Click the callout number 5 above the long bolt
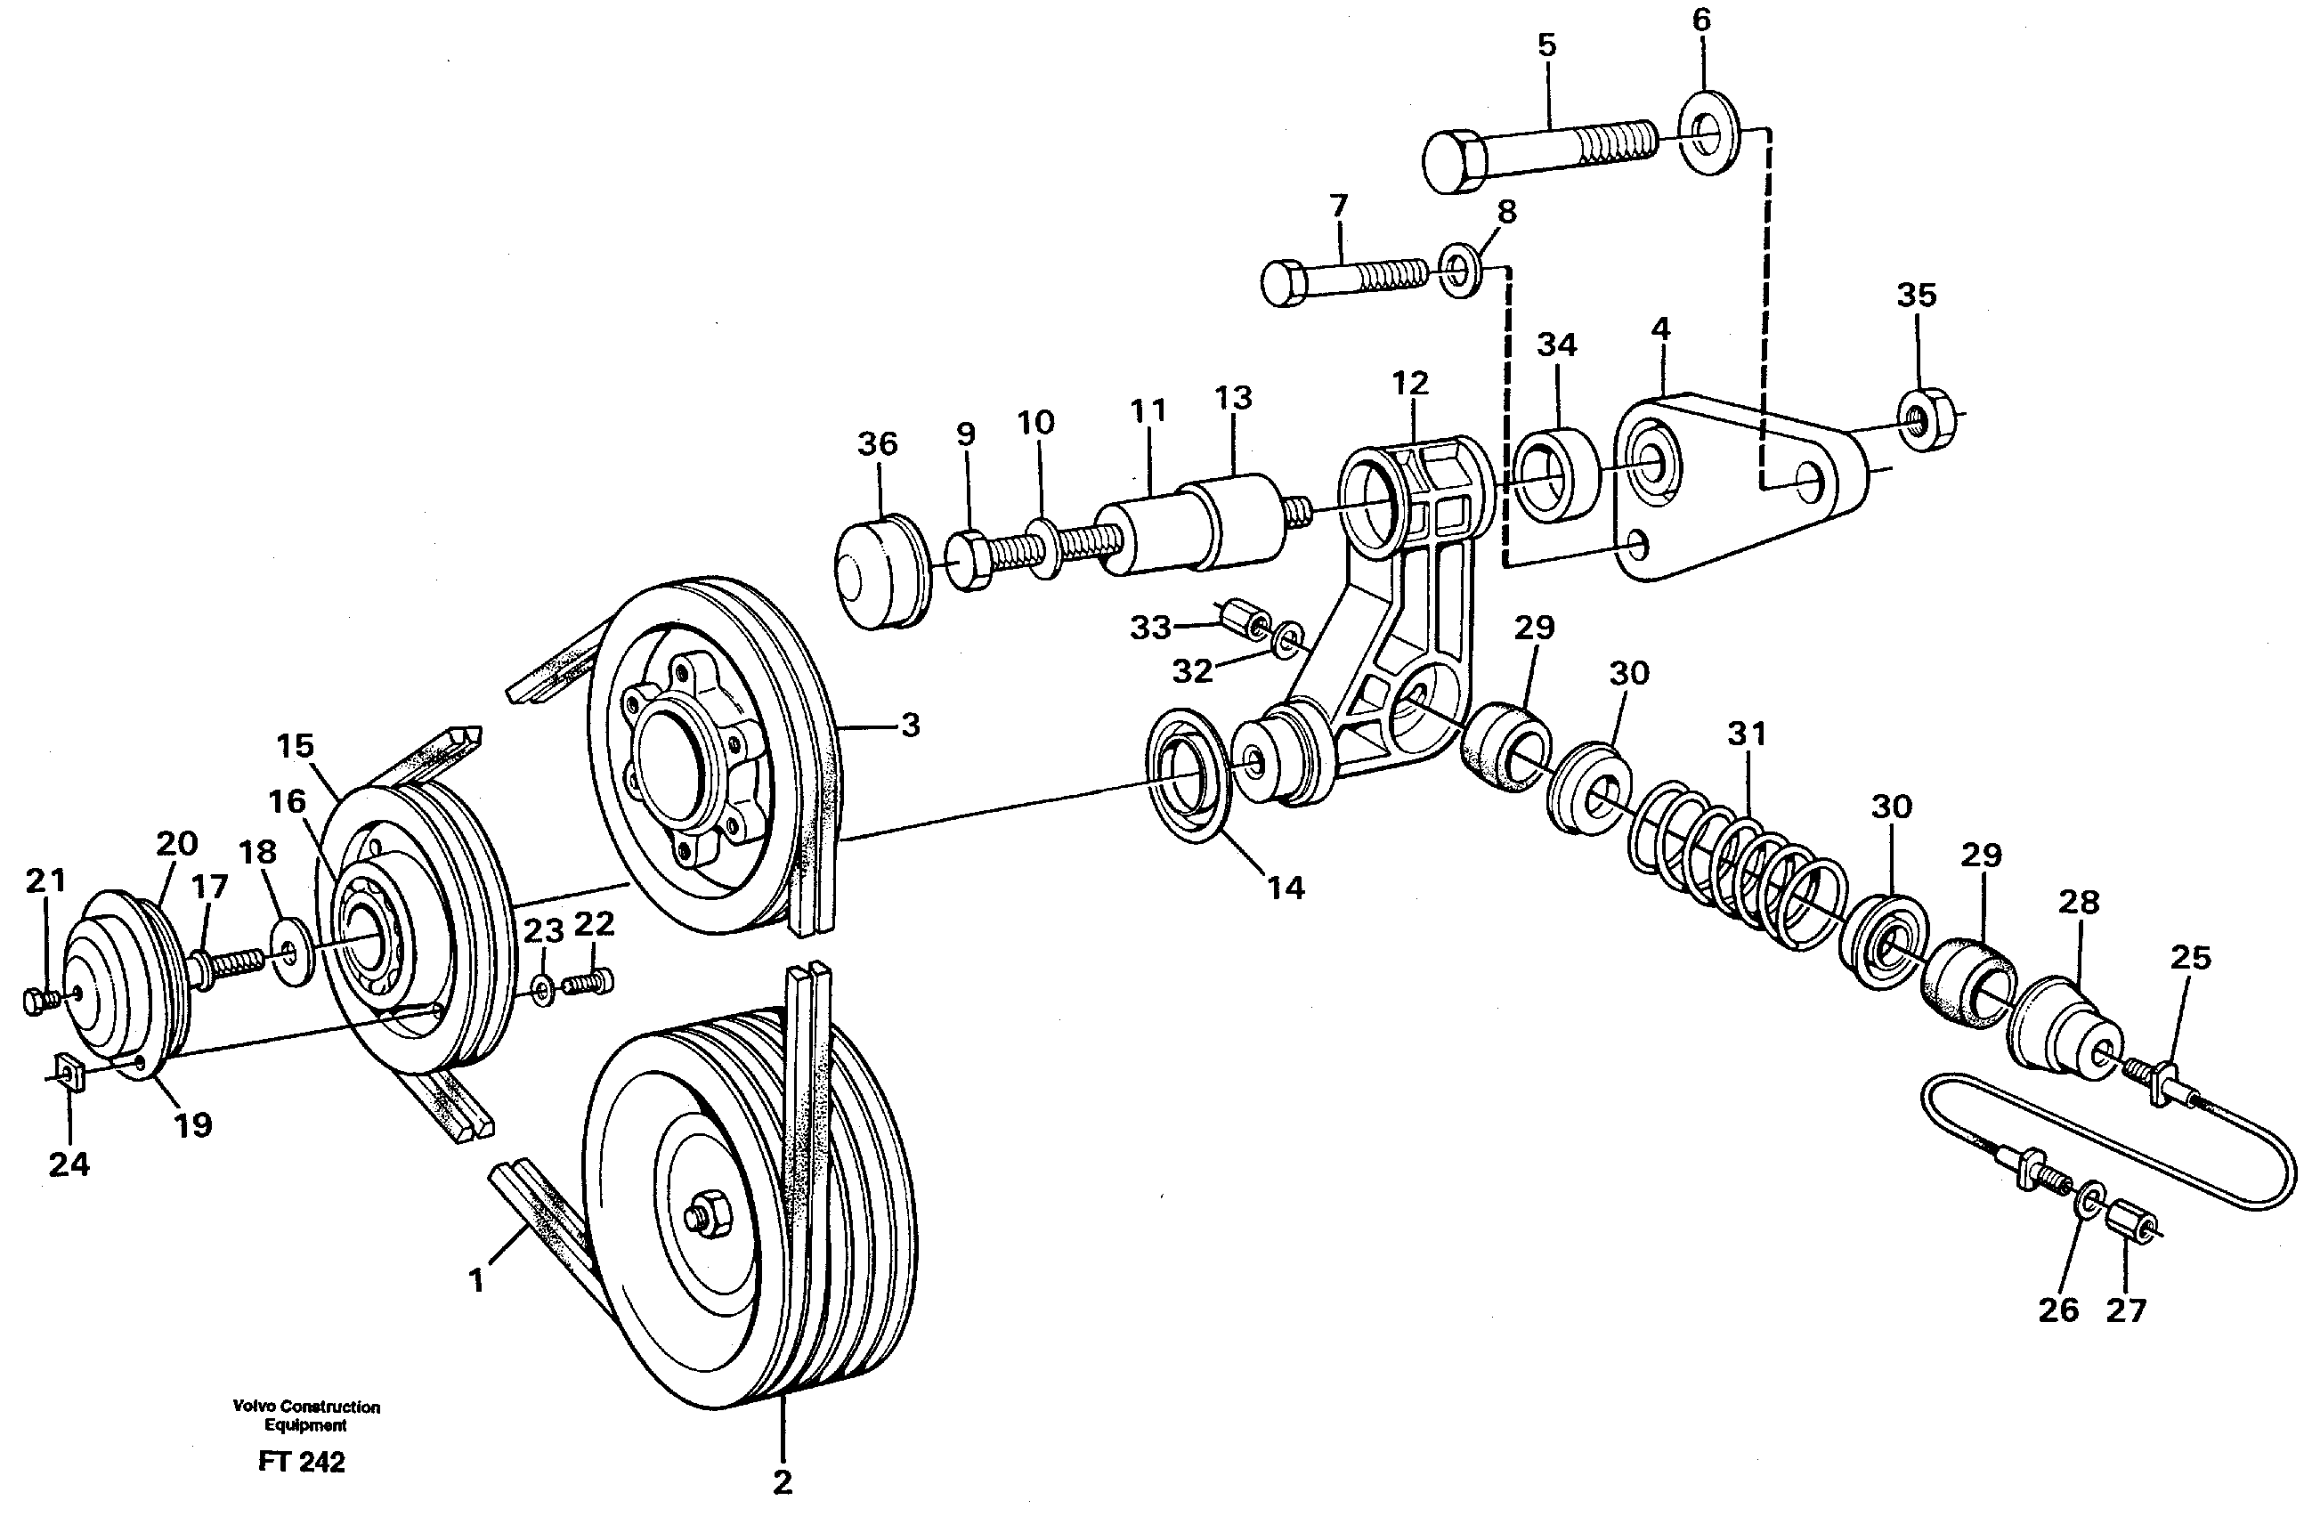[x=1545, y=46]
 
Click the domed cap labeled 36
[x=880, y=577]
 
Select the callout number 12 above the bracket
[x=1409, y=382]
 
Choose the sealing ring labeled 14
[x=1187, y=774]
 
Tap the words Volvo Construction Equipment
[x=306, y=1415]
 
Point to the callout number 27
[x=2125, y=1310]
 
